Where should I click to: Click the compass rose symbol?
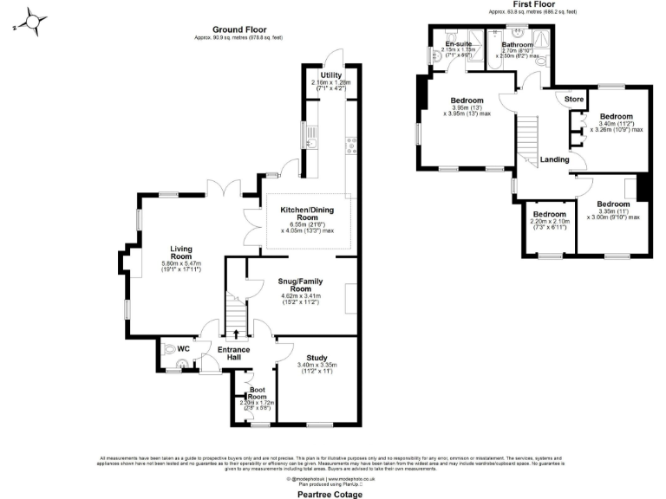[x=32, y=21]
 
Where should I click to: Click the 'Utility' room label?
[x=330, y=75]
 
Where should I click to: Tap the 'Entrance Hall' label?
[x=234, y=353]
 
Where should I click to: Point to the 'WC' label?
[x=183, y=348]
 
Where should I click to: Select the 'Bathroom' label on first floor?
[x=518, y=44]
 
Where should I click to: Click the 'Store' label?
[x=574, y=100]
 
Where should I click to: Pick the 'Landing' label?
[x=554, y=159]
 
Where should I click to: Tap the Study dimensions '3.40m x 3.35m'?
[x=316, y=364]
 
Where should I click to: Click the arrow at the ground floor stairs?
[x=236, y=333]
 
